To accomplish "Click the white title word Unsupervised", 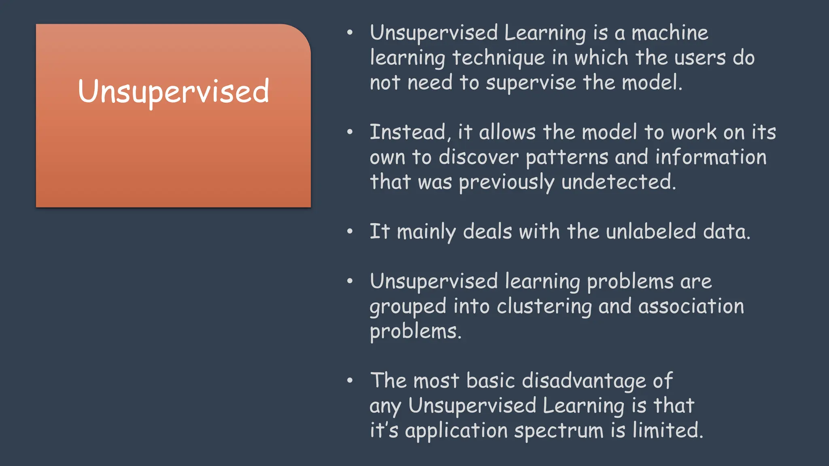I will [x=173, y=91].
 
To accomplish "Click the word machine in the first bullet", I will [x=670, y=33].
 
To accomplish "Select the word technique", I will [x=498, y=58].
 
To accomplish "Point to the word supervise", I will [x=531, y=83].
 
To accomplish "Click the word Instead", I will [x=407, y=132].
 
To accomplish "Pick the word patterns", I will [x=566, y=157].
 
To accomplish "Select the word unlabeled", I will [x=651, y=232].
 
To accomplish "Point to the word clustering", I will [x=544, y=306].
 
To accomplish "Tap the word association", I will [x=691, y=306].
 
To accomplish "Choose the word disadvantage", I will [x=584, y=381].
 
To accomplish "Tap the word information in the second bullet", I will [x=711, y=157].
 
